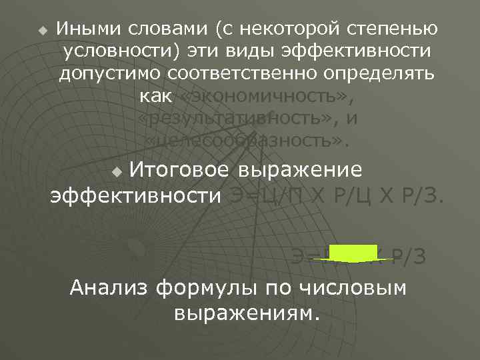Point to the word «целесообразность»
point(246,141)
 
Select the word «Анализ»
point(109,287)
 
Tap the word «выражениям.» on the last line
point(246,311)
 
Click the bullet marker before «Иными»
point(43,31)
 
